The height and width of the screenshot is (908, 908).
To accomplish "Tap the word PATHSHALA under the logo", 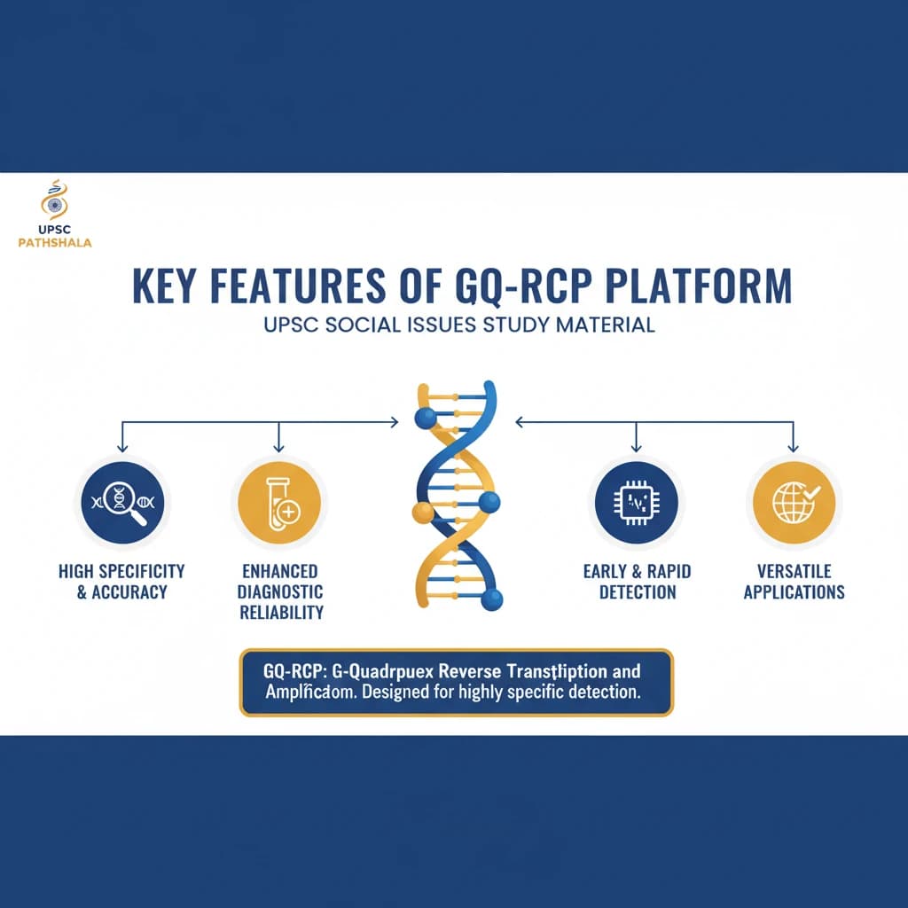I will [54, 241].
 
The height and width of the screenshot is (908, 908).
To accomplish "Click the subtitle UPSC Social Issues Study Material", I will [459, 325].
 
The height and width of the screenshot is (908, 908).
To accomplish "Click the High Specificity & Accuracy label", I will [121, 581].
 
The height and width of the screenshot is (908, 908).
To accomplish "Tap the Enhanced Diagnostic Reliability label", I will [281, 591].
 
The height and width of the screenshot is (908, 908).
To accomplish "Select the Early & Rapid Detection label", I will [637, 581].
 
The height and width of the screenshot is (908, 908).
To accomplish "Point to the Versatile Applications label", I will [794, 581].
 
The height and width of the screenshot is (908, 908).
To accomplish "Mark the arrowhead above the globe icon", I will [794, 447].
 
